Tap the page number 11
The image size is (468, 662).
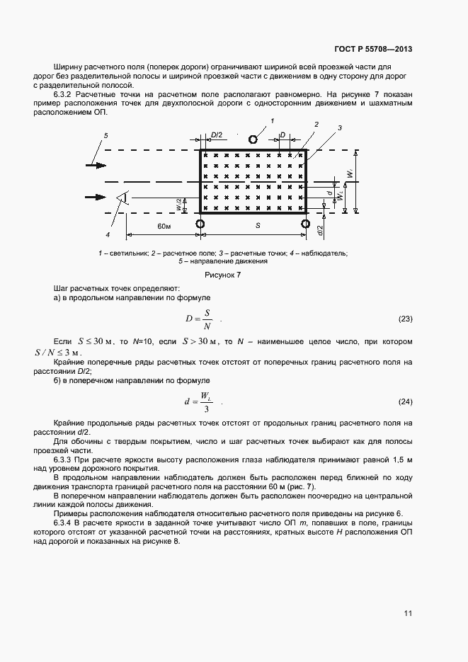408,613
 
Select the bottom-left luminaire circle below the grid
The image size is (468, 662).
200,224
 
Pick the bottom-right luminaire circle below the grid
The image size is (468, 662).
306,224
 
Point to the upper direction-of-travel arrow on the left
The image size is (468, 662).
96,165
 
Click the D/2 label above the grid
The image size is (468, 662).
217,134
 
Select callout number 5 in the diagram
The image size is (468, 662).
106,135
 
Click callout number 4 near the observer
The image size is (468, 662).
108,234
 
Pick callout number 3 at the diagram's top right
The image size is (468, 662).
340,128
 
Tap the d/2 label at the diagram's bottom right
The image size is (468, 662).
321,229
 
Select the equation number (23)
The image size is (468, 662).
405,319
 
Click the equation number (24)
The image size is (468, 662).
405,402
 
